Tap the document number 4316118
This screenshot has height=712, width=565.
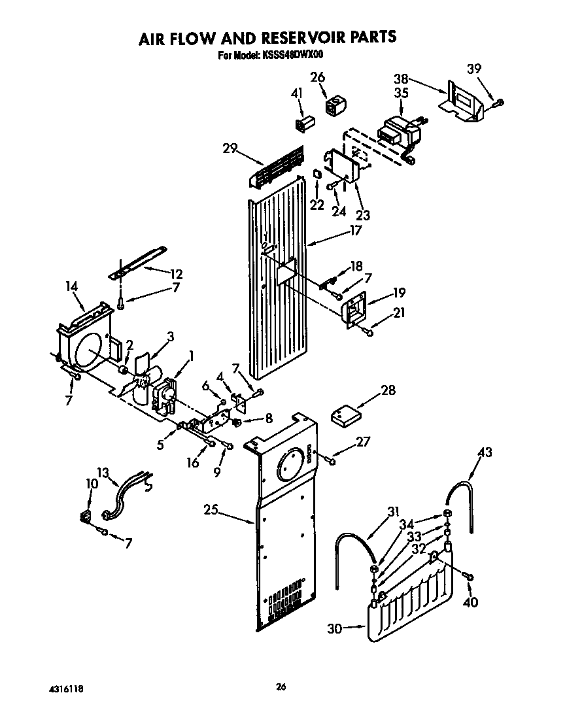pos(65,689)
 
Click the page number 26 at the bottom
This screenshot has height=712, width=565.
pos(281,687)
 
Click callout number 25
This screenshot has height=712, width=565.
pos(211,511)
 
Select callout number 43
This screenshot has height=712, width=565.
pos(485,452)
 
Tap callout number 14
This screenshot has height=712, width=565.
pos(72,286)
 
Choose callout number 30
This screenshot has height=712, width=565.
pos(335,628)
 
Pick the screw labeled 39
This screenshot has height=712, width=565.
pos(499,101)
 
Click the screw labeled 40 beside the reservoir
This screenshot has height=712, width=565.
pos(469,576)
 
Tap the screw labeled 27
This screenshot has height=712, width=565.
pos(331,461)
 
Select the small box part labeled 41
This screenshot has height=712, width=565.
pos(305,124)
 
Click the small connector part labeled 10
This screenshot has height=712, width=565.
pos(84,518)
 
